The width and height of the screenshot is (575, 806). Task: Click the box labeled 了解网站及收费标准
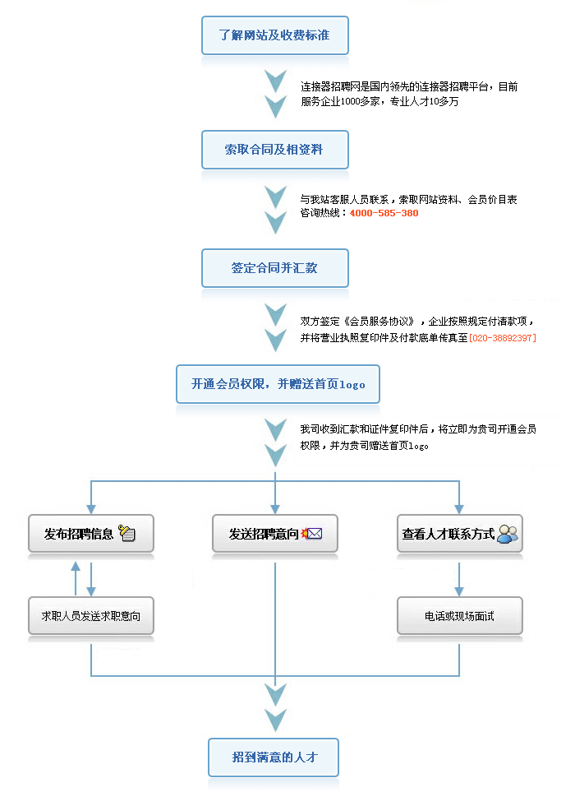point(275,35)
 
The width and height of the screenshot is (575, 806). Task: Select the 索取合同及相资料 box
point(275,150)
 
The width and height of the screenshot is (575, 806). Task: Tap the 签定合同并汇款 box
point(275,268)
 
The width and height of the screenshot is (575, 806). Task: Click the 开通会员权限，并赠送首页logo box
point(278,384)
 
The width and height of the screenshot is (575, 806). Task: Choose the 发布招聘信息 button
point(91,534)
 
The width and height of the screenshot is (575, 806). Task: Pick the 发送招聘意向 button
point(275,534)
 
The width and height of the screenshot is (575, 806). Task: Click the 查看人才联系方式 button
point(459,534)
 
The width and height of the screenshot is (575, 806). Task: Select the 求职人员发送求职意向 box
point(91,615)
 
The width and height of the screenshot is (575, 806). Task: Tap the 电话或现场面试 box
point(459,615)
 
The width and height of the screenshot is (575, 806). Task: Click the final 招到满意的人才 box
point(273,757)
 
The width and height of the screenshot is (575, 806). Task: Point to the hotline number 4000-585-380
point(384,213)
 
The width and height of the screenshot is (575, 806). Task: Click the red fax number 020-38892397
point(503,338)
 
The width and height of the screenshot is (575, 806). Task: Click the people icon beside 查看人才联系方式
point(508,534)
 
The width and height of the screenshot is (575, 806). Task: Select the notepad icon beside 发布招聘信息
point(126,533)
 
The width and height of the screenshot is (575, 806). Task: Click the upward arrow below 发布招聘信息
point(76,578)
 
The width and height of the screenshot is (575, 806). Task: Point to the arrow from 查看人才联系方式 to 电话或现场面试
point(459,579)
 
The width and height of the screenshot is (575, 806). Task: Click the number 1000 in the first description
point(350,102)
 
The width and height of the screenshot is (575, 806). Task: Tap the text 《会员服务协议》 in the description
point(379,322)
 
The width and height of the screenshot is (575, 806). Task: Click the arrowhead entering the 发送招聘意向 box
point(275,509)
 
